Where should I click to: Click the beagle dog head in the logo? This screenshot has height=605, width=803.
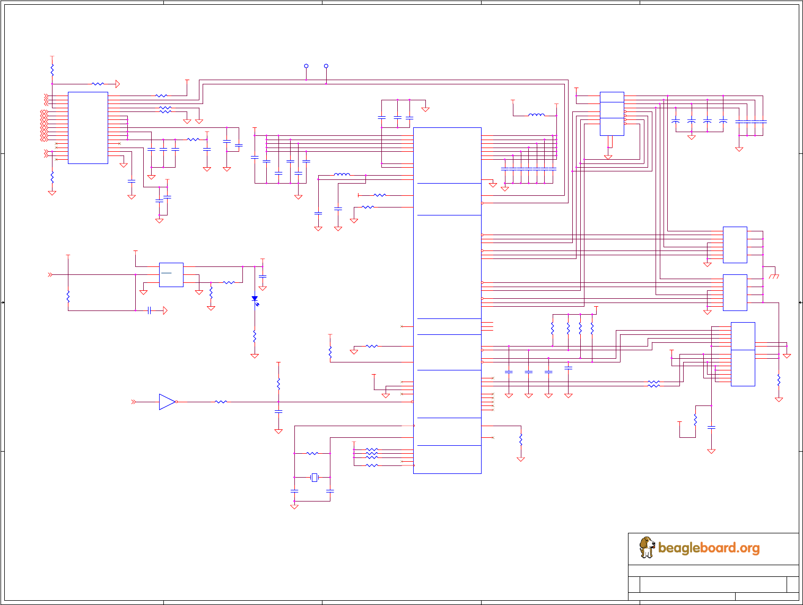click(647, 545)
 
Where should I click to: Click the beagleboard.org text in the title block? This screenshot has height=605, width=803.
click(709, 548)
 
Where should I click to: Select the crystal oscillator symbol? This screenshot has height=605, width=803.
click(315, 478)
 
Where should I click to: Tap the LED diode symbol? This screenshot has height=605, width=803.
click(255, 299)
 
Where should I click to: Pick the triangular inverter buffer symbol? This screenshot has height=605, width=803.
click(167, 402)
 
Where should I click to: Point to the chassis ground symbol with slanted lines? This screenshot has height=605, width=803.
click(774, 276)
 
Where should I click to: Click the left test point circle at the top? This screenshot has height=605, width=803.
click(306, 66)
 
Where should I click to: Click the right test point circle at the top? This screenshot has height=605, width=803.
click(326, 66)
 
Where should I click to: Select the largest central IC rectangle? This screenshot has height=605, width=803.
click(447, 300)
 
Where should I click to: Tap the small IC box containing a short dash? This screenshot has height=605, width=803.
click(171, 275)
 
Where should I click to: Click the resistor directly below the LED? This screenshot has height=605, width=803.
click(255, 336)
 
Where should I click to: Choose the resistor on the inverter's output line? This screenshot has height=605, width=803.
click(221, 402)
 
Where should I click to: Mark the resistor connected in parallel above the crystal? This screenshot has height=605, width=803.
click(312, 453)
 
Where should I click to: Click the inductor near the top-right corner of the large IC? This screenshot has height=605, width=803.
click(536, 115)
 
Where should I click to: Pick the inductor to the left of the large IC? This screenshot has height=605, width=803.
click(342, 174)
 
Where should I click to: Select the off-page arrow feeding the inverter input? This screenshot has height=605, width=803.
click(134, 402)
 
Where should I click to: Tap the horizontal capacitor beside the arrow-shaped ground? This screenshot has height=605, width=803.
click(150, 310)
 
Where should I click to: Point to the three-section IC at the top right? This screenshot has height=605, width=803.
click(612, 114)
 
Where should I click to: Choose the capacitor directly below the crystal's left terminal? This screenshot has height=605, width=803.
click(294, 491)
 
